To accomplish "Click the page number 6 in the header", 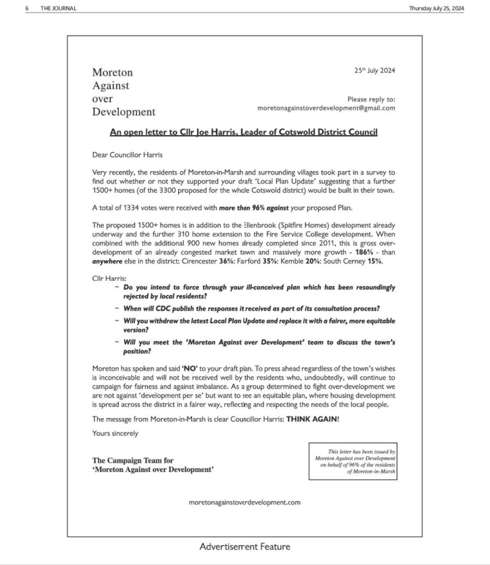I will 27,8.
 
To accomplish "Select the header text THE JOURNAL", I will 59,8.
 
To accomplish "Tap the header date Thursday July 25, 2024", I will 436,8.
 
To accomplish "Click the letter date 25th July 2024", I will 374,70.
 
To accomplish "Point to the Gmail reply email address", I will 326,108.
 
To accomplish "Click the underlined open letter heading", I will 244,132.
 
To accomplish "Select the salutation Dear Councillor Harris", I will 127,155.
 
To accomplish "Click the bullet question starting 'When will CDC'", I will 251,309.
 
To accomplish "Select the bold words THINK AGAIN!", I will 313,419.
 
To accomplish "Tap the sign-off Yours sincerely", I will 115,433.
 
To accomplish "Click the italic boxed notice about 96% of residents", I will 353,462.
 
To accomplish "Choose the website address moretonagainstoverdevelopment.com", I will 245,502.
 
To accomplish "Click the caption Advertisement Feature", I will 245,546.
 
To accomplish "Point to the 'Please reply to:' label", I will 371,99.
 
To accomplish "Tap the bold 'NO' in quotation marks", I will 189,368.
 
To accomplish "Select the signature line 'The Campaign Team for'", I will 132,460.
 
